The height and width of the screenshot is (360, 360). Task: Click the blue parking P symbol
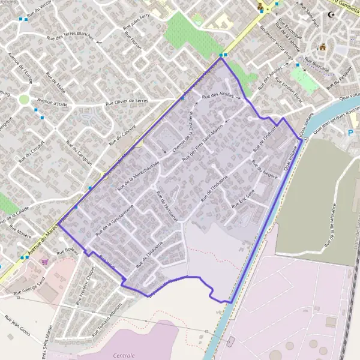click(350, 133)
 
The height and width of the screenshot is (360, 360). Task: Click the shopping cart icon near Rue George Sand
click(44, 262)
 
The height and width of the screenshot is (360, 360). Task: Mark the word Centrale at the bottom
click(124, 355)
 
